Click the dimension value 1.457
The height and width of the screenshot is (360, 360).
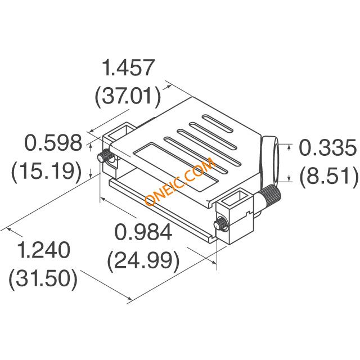coord(128,67)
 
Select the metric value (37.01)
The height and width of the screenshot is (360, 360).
coord(128,96)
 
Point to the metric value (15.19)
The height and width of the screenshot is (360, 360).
coord(47,170)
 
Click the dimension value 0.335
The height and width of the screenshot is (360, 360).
coord(328,147)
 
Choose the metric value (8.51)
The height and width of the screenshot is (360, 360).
coord(328,175)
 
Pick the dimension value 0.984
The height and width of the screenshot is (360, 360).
coord(143,232)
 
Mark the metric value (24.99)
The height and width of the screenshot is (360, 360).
coord(143,260)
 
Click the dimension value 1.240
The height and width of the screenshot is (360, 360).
coord(44,250)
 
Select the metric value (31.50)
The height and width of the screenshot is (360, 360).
coord(43,278)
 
